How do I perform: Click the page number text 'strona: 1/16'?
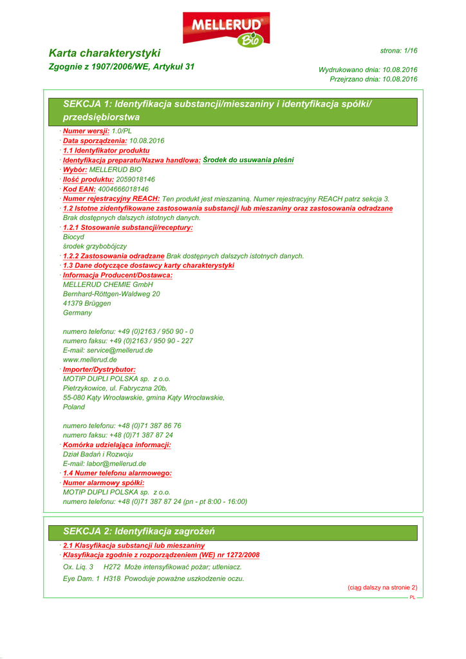click(398, 50)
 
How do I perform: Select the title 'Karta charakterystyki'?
click(105, 53)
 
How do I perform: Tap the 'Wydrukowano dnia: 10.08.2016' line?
click(368, 70)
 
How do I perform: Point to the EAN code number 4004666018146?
click(123, 189)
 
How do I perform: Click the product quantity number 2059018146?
click(127, 180)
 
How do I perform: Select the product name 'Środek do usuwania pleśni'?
click(248, 160)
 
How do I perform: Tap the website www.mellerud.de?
click(89, 360)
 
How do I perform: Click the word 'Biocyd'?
click(73, 237)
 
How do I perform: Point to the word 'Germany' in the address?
click(77, 313)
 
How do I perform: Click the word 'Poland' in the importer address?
click(74, 407)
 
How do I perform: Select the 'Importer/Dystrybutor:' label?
click(99, 370)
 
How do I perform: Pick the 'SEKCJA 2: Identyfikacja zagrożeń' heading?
click(139, 532)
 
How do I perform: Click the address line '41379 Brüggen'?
click(87, 303)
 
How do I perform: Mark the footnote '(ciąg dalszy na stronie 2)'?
click(382, 587)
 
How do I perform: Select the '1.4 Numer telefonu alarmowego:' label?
click(117, 473)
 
